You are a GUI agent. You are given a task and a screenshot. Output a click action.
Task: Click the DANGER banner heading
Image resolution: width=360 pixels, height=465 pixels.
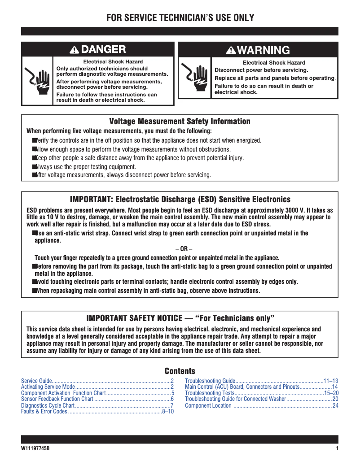coord(98,49)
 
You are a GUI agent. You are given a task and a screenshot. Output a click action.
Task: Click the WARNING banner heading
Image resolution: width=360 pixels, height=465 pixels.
coord(258,50)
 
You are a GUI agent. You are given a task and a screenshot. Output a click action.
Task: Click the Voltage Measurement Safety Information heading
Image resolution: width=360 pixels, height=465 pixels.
coord(180,122)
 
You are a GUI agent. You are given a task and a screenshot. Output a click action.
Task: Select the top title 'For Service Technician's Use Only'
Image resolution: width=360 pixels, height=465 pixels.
coord(180,18)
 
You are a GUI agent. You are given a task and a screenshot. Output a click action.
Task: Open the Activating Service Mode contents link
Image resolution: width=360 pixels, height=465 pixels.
coord(48,387)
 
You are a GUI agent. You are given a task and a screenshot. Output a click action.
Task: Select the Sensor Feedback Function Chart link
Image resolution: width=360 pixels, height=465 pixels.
coord(57,399)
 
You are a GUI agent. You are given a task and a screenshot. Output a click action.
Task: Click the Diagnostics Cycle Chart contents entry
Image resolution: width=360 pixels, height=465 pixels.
coord(48,405)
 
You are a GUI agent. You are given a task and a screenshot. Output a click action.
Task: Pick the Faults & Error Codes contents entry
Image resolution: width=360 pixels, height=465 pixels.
coord(44,411)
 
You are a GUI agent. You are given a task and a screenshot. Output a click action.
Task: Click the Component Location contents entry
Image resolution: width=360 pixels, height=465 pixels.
coord(208,405)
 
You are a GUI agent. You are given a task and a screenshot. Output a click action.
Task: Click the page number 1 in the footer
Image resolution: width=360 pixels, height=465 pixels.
coord(337,449)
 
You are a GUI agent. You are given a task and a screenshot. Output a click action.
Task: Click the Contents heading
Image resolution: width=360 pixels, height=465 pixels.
coord(180,371)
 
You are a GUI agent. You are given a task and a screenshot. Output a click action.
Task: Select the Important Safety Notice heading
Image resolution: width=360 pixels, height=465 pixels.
coord(180,318)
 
